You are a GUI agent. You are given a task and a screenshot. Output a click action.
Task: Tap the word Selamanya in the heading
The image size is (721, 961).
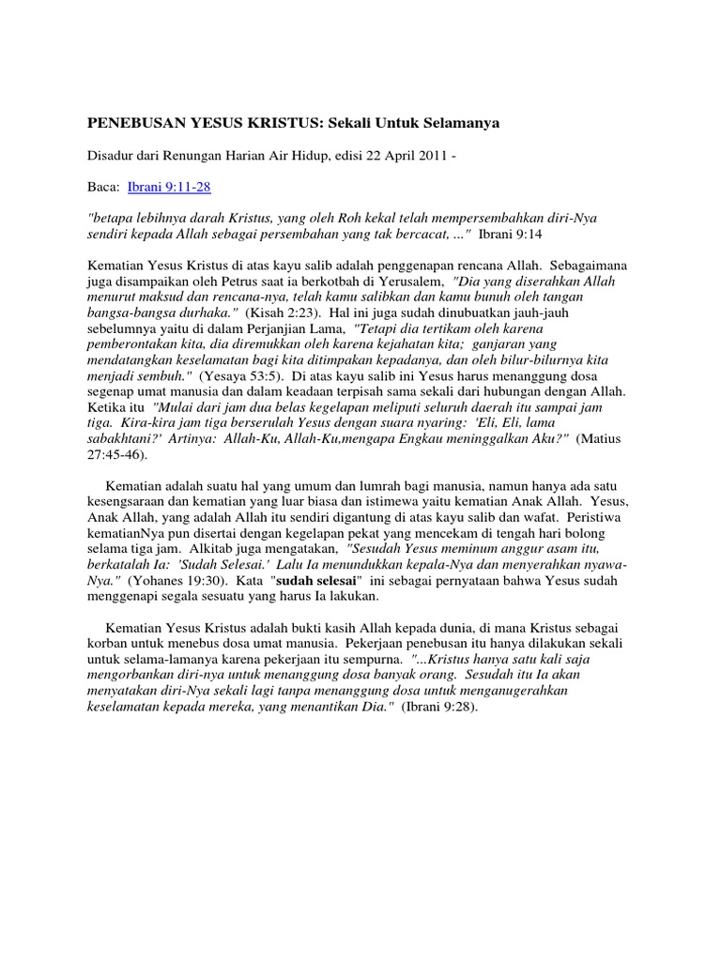(464, 123)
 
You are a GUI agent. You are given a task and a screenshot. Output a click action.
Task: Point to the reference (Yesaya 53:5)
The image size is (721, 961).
(237, 373)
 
